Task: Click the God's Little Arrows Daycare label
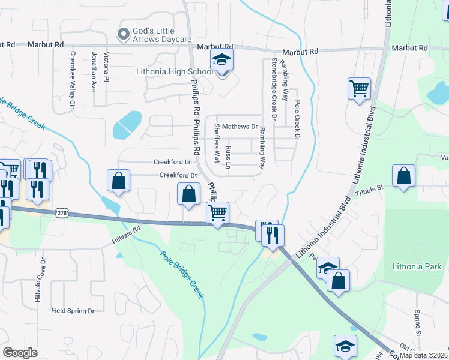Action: [x=161, y=35]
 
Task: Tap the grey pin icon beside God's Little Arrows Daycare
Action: [x=124, y=35]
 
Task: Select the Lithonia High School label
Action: [x=175, y=72]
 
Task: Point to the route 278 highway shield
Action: [x=62, y=214]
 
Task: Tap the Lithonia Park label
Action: [x=416, y=266]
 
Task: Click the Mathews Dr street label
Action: [x=240, y=127]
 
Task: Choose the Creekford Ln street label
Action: [x=173, y=162]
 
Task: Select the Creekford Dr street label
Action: [x=178, y=175]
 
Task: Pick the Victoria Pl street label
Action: [x=106, y=67]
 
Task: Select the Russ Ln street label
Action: [x=228, y=157]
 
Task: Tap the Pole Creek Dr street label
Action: [x=296, y=120]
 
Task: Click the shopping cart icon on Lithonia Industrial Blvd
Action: [x=359, y=89]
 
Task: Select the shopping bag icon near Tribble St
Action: [x=404, y=176]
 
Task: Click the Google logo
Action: [x=20, y=352]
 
